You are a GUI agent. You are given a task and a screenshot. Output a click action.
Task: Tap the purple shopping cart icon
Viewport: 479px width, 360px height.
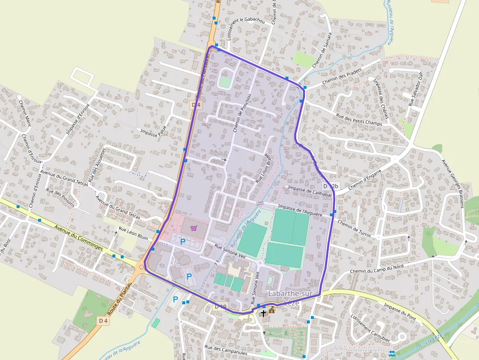click(x=194, y=228)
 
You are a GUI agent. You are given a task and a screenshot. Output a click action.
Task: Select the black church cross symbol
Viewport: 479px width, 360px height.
click(x=263, y=313)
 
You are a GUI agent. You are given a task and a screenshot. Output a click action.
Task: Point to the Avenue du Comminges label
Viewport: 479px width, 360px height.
click(x=79, y=237)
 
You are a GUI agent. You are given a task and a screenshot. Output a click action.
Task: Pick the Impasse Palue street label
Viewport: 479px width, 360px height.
click(x=153, y=132)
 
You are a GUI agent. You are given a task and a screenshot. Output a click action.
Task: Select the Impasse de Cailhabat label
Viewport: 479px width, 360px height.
click(x=310, y=191)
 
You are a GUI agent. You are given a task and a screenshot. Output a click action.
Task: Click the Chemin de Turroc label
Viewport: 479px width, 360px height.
click(x=354, y=229)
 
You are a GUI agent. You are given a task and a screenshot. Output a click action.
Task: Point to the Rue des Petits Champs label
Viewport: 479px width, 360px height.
click(x=359, y=120)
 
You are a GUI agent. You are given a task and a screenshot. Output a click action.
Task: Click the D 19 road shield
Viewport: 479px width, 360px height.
click(x=220, y=306)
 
